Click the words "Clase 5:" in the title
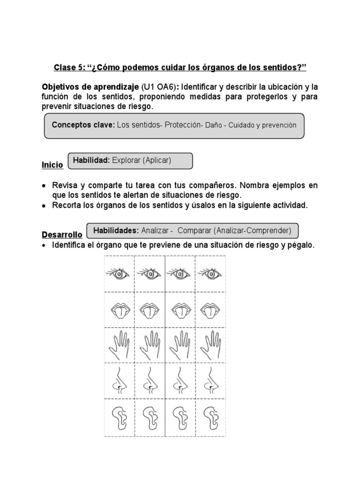click(68, 68)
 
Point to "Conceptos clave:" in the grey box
click(83, 125)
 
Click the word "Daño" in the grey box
click(213, 126)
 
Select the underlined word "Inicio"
click(52, 165)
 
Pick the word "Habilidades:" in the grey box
click(116, 230)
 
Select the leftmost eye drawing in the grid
click(119, 273)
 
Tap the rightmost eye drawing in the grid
click(210, 273)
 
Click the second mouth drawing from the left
click(150, 310)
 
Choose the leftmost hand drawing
click(119, 345)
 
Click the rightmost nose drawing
click(210, 380)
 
